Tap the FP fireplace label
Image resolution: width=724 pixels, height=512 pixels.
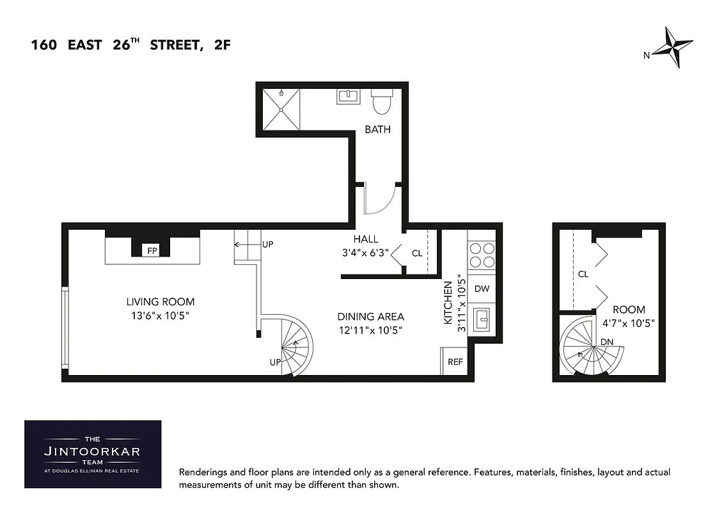[152, 251]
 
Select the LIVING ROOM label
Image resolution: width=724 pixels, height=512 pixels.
[160, 301]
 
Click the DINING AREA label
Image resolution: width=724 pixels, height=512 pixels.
[371, 316]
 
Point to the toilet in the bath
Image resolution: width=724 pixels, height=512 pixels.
[382, 100]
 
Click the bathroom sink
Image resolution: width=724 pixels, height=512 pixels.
[349, 97]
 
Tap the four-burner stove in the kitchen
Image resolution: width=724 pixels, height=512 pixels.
[482, 255]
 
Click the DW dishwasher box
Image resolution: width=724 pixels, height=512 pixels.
[482, 289]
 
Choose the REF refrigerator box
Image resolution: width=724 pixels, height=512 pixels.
[455, 362]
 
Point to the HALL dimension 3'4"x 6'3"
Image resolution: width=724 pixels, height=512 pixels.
[366, 253]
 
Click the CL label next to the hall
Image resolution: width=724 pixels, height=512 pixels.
[417, 253]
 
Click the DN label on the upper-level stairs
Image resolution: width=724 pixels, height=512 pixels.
[607, 342]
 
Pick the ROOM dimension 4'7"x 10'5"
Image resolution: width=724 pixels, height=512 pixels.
[629, 323]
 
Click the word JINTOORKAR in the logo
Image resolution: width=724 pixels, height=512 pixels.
[93, 451]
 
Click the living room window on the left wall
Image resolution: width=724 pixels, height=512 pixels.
[65, 327]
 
